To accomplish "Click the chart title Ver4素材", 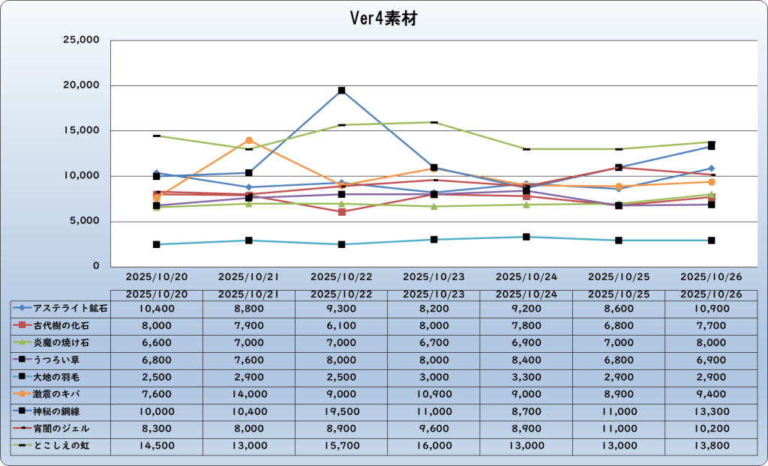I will tap(384, 18).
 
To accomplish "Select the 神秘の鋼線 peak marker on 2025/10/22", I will tap(341, 91).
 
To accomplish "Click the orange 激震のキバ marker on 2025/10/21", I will tap(249, 140).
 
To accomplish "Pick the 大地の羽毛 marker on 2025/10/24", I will tap(526, 237).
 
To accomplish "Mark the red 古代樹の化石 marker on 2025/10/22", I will tap(341, 212).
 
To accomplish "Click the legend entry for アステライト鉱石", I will tap(61, 308).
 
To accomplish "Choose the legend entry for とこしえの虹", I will tap(61, 446).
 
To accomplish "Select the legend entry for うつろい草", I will tap(61, 360).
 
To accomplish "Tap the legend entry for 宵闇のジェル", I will tap(61, 429).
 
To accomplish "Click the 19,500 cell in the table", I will tap(341, 411).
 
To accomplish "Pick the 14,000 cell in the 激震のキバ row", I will tap(249, 394).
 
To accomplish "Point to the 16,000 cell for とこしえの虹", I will tap(433, 446).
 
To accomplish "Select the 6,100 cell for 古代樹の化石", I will tap(341, 325).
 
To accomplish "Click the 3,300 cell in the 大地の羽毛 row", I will tap(526, 377).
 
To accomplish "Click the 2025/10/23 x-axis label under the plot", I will tap(433, 276).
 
